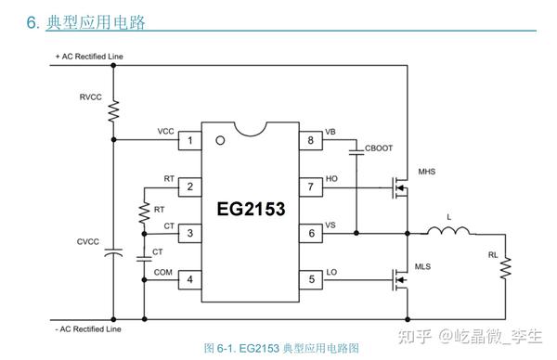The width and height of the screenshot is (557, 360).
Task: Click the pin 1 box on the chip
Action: [190, 141]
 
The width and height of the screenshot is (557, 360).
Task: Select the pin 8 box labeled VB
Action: [310, 141]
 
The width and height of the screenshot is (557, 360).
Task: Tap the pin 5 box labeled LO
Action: [310, 277]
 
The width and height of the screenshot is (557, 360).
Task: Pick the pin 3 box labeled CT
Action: [190, 233]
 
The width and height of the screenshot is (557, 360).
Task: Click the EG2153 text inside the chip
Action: [251, 209]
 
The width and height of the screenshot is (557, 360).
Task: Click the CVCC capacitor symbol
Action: [113, 251]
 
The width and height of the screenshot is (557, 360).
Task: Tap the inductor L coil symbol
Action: [448, 231]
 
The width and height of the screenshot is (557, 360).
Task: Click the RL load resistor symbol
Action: [506, 269]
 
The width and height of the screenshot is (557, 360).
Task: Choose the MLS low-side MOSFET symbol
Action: [399, 277]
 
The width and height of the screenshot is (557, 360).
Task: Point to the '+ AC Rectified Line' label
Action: [89, 57]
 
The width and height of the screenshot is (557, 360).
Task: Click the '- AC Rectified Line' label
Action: [88, 328]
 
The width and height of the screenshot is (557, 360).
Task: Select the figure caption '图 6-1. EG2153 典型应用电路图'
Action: [280, 349]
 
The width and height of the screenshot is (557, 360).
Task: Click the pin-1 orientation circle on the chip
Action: [219, 141]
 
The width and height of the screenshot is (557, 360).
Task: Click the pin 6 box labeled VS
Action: [310, 233]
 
